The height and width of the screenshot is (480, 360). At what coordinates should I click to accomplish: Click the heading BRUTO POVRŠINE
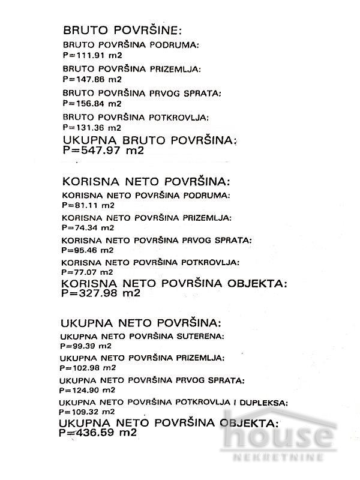(122, 31)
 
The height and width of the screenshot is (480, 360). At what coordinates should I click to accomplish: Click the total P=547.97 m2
(103, 151)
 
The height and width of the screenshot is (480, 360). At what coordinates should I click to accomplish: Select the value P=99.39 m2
(86, 346)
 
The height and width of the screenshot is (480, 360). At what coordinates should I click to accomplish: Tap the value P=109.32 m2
(88, 412)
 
